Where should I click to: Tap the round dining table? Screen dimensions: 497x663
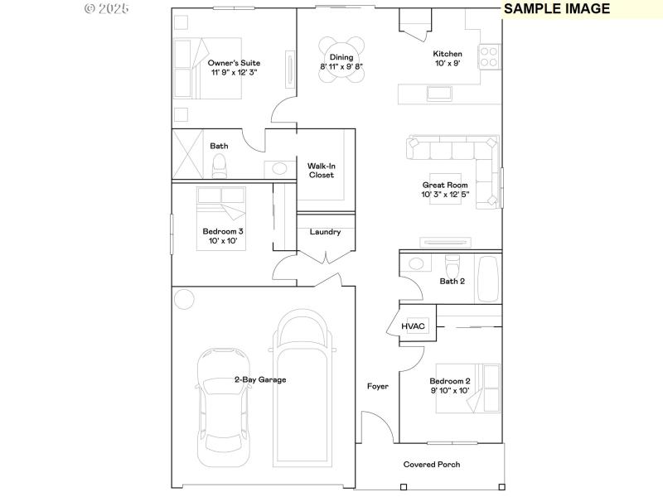(x=341, y=60)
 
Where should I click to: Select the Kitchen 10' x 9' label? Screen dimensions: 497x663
(x=448, y=59)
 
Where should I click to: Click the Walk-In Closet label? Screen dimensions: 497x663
(x=321, y=171)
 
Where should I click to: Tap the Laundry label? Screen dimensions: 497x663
(x=325, y=232)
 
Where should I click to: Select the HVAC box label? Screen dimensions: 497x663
(x=413, y=326)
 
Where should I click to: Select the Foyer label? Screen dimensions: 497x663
(x=378, y=387)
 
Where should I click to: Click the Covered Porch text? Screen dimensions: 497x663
(x=432, y=465)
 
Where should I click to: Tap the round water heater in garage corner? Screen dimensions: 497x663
(x=183, y=298)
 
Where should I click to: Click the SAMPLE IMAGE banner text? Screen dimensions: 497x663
(x=557, y=9)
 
